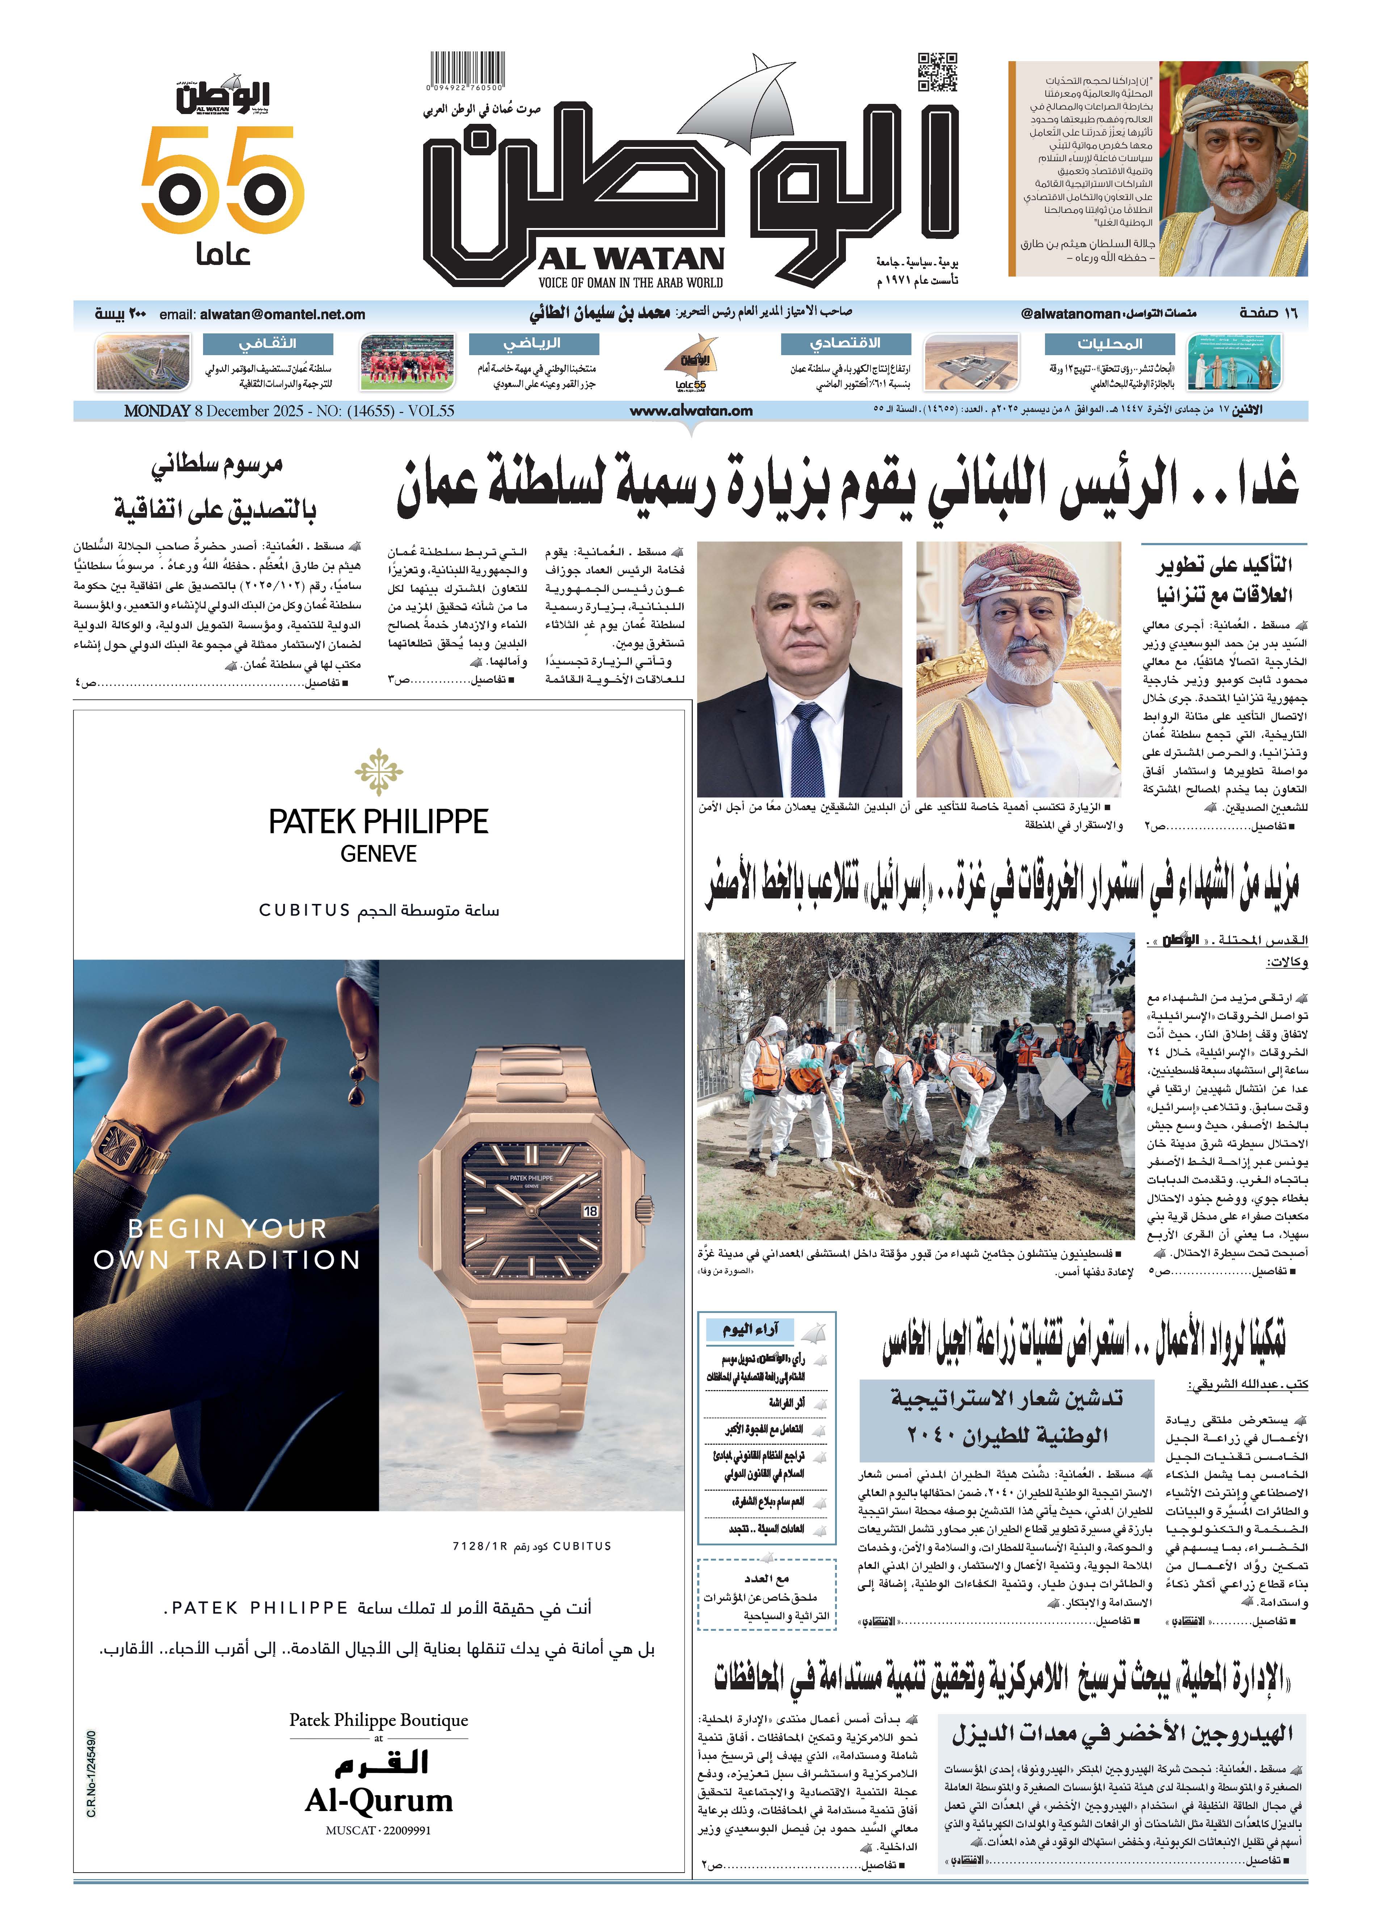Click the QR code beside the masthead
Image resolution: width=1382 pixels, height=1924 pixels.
pos(938,72)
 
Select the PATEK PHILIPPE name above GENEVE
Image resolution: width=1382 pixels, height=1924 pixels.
pos(378,822)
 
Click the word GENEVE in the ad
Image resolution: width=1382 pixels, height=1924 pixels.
pos(378,854)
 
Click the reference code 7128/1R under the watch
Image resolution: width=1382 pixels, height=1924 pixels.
pos(479,1546)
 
